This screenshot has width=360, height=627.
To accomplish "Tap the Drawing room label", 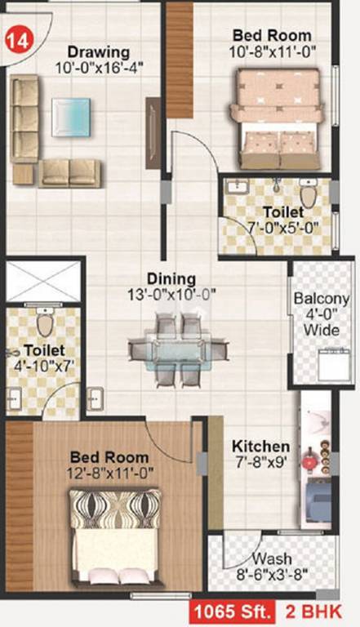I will pyautogui.click(x=99, y=51).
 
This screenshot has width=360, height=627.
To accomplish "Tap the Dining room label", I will pyautogui.click(x=171, y=278).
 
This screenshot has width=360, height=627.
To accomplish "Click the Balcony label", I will pyautogui.click(x=321, y=299).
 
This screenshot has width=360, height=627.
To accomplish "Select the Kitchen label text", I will pyautogui.click(x=260, y=447).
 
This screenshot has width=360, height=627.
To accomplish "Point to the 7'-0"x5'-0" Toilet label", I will pyautogui.click(x=283, y=212).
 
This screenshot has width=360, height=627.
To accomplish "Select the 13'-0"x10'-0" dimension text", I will pyautogui.click(x=171, y=294).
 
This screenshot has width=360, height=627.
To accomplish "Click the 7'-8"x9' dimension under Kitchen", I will pyautogui.click(x=260, y=462).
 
